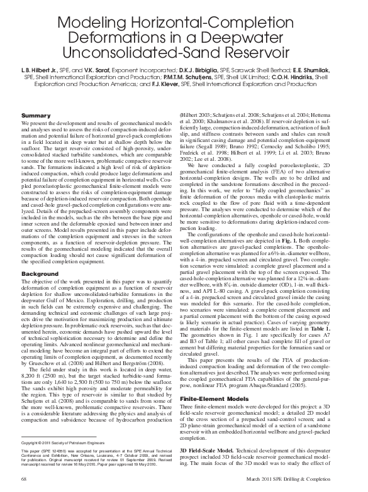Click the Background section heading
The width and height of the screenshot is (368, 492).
[x=39, y=275]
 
